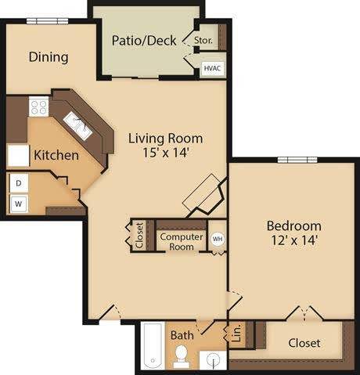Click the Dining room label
pyautogui.click(x=49, y=57)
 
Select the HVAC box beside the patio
pyautogui.click(x=212, y=69)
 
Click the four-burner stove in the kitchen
pyautogui.click(x=39, y=105)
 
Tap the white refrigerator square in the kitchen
pyautogui.click(x=19, y=155)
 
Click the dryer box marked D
pyautogui.click(x=17, y=184)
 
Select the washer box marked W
pyautogui.click(x=17, y=204)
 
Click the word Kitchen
pyautogui.click(x=56, y=155)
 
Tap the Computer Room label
pyautogui.click(x=181, y=241)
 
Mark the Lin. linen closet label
pyautogui.click(x=236, y=336)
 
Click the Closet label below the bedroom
pyautogui.click(x=304, y=342)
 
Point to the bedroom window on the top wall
pyautogui.click(x=296, y=160)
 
